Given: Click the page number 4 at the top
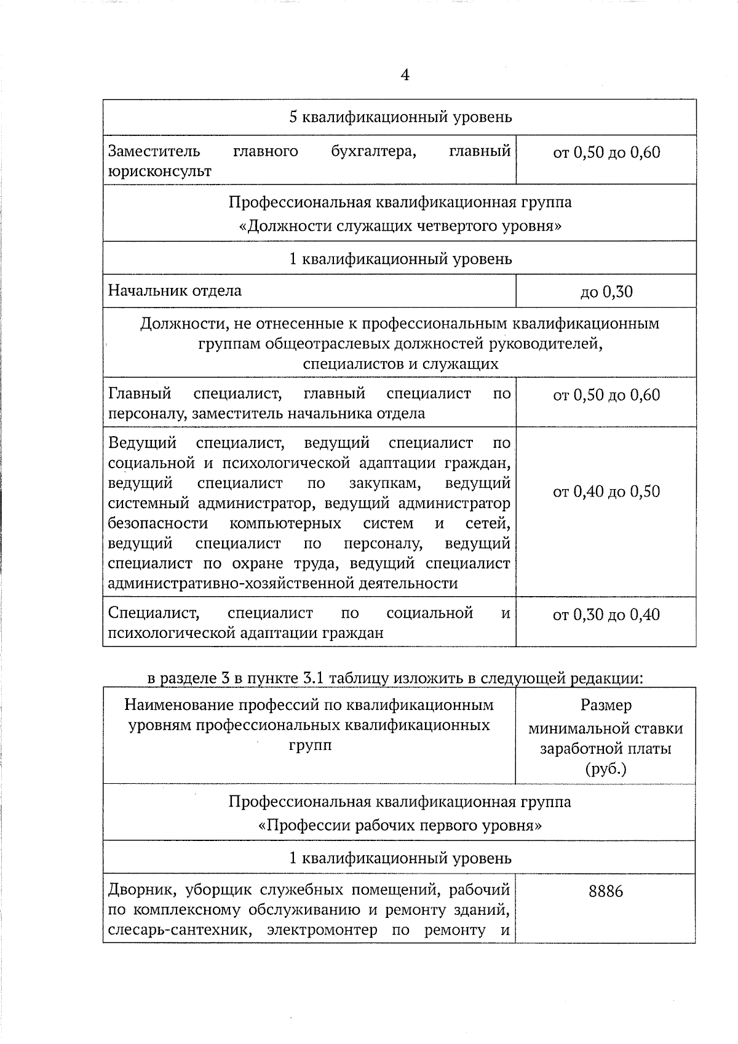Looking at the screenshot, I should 405,75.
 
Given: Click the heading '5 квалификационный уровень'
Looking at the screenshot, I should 400,117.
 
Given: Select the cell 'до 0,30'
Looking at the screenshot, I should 606,292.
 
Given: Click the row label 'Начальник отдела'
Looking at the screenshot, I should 175,290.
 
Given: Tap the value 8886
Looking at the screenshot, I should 606,891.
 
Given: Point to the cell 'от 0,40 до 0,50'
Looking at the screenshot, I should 606,492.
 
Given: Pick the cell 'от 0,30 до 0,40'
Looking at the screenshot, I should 606,615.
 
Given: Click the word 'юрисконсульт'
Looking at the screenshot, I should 160,172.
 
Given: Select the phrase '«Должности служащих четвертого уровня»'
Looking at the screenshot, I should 400,226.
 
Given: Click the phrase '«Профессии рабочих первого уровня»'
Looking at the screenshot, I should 400,826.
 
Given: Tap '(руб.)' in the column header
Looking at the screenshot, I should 606,769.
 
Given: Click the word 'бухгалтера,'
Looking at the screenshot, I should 373,151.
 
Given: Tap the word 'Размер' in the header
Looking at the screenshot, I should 606,706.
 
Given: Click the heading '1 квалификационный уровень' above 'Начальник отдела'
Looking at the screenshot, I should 400,259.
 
